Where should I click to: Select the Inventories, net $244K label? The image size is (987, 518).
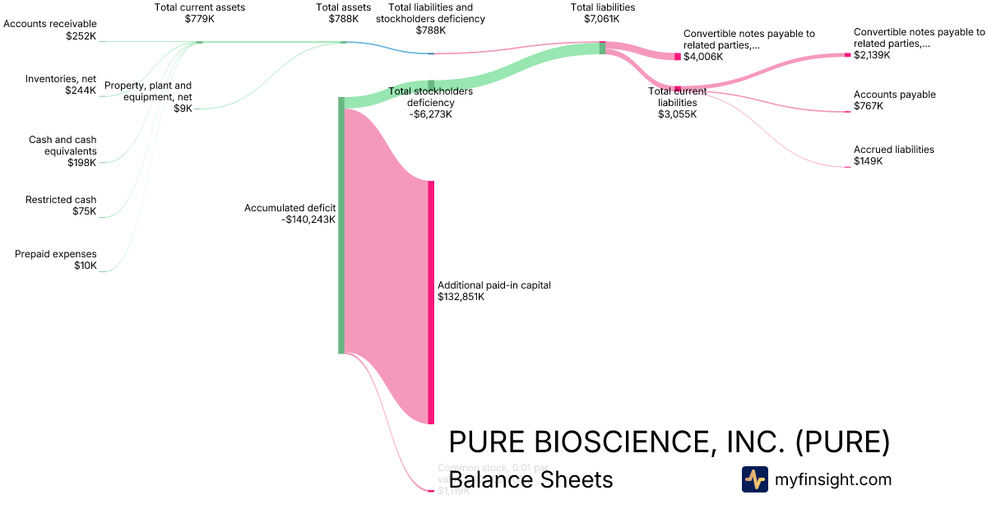point(61,85)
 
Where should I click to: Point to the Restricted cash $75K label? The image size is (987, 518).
point(61,206)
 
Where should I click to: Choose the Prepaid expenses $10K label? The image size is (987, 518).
point(56,260)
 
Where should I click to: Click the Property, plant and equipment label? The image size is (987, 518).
point(148,91)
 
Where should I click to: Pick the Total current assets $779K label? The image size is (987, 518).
point(200,12)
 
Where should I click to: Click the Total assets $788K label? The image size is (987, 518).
point(337,12)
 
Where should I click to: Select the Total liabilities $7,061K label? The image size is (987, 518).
point(603,12)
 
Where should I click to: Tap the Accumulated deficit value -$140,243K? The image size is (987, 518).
point(308,220)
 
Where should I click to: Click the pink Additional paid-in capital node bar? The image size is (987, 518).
point(430,302)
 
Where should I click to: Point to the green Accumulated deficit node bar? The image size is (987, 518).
point(341,225)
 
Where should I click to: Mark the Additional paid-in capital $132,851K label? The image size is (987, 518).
point(493,291)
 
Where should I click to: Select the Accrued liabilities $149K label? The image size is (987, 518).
point(893,155)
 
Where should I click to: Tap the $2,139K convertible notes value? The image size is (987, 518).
point(872,55)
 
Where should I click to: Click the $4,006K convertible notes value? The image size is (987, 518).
point(703,57)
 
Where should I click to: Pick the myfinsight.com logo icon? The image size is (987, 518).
point(754,479)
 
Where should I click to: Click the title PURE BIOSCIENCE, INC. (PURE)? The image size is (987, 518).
point(669,442)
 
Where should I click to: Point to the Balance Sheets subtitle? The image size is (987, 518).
point(531,479)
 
